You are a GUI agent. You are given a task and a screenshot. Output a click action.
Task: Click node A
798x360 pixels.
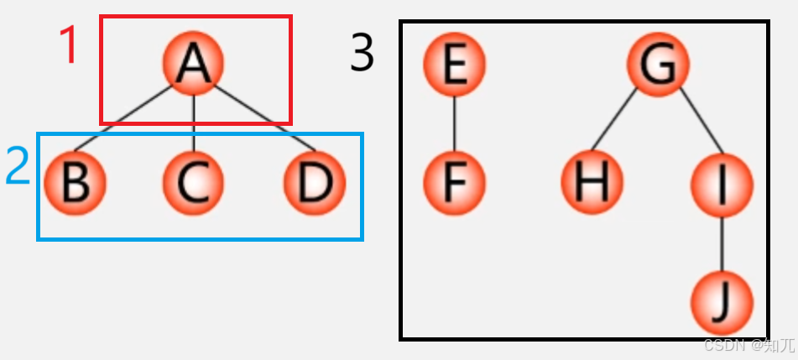194,64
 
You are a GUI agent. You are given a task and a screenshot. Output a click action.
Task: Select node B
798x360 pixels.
75,182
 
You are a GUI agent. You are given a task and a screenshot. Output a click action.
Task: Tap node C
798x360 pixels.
194,182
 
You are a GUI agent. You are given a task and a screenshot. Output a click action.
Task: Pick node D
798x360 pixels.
314,182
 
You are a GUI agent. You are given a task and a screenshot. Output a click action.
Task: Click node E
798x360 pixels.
454,64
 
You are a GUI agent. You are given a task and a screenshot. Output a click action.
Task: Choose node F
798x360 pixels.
454,182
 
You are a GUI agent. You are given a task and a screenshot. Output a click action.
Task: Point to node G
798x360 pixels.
659,64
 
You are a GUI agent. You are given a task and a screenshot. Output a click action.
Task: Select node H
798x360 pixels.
592,182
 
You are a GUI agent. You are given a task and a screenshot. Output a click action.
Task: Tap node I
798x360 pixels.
722,182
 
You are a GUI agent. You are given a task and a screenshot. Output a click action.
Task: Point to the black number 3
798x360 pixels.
362,55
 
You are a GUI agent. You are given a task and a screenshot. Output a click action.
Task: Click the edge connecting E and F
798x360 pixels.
454,123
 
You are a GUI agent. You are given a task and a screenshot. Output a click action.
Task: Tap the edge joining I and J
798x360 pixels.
722,243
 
